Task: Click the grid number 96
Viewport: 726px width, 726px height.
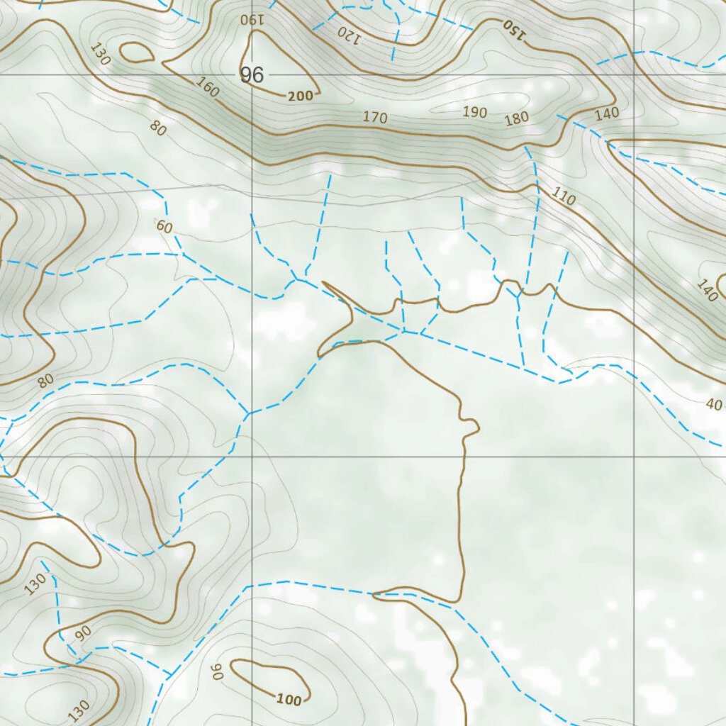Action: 252,74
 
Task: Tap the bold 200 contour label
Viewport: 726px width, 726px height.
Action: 301,96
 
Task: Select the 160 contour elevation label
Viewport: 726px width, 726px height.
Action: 207,88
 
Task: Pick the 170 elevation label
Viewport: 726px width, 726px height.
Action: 375,117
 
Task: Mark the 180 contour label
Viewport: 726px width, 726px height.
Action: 517,118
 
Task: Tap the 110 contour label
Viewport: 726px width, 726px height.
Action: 563,196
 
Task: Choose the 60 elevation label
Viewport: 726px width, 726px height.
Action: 164,227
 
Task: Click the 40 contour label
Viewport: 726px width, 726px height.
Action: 714,405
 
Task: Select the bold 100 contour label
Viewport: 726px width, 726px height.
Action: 289,700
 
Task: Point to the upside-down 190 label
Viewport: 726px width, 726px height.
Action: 252,19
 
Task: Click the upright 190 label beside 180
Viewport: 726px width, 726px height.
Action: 474,112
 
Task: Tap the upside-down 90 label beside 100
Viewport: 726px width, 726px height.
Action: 216,671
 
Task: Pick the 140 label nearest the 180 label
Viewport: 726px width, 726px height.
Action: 607,113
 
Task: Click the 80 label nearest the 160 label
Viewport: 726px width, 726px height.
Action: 158,128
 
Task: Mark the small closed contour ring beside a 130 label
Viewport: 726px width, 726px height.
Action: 137,52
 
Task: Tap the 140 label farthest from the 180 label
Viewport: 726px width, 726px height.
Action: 707,291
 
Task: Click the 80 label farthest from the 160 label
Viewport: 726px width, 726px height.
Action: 46,381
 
